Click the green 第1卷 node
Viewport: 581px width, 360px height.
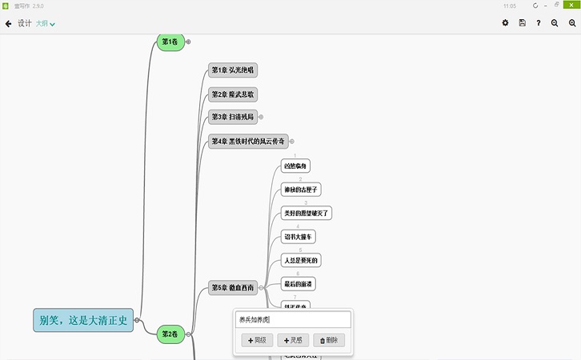point(170,42)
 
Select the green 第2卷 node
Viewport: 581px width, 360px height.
point(170,334)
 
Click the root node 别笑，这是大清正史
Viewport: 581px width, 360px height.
point(83,320)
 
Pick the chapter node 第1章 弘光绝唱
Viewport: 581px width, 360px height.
point(232,70)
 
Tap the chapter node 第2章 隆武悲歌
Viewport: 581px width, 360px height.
point(232,94)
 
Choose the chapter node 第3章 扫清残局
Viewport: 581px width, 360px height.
point(232,118)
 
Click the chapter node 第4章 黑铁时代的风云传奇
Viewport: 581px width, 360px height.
point(247,142)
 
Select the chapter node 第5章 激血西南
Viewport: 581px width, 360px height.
point(233,287)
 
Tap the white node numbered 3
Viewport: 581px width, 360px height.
point(307,213)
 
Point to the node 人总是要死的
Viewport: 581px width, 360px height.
point(301,261)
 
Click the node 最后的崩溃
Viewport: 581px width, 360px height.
point(299,284)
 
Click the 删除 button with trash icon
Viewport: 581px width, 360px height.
point(329,340)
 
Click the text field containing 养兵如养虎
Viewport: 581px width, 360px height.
point(292,320)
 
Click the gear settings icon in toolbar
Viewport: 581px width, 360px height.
point(505,23)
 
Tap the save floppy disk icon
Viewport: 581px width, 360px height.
point(522,23)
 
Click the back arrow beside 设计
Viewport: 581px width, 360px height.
point(8,24)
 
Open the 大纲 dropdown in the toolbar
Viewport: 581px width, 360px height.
point(46,24)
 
